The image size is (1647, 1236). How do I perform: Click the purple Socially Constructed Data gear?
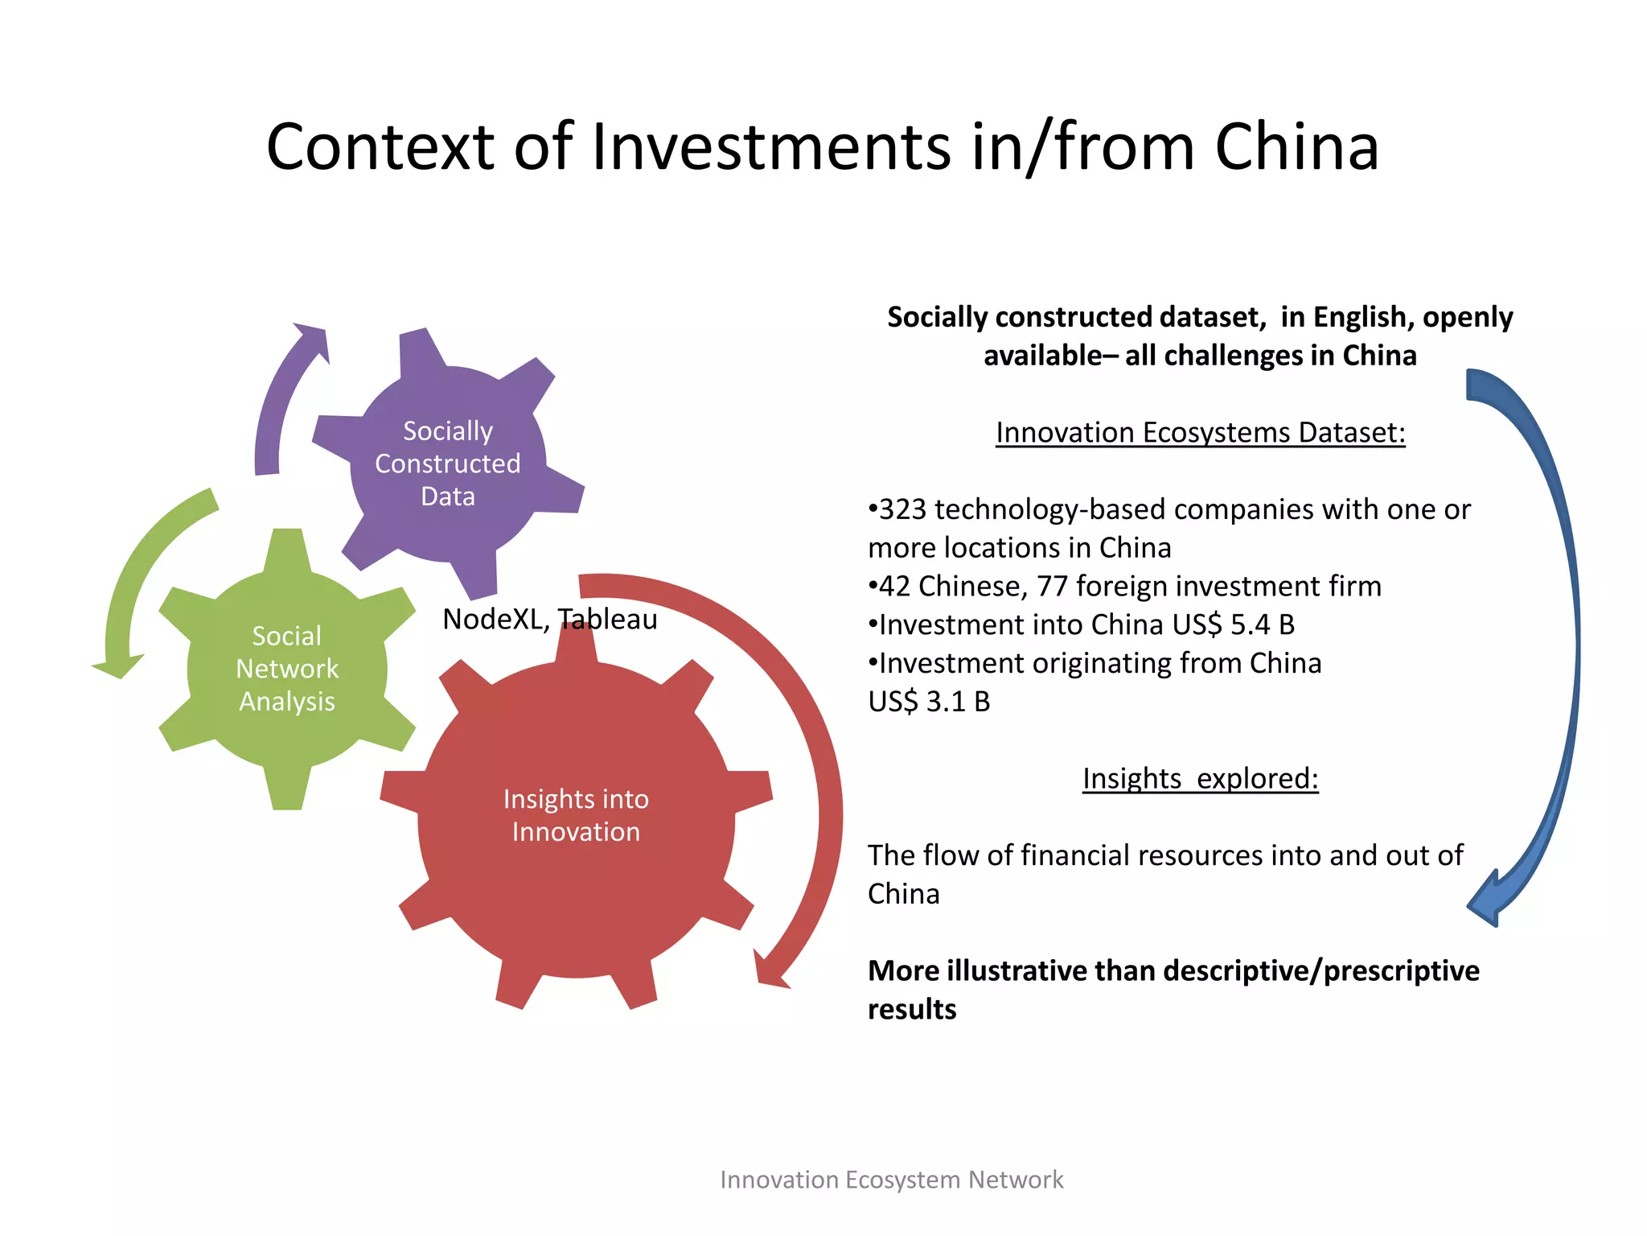coord(447,463)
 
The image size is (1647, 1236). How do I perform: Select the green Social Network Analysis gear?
coord(287,669)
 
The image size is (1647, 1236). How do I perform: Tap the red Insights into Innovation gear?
coord(576,815)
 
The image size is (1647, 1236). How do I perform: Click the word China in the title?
coord(1296,147)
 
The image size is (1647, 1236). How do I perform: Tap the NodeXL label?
coord(495,619)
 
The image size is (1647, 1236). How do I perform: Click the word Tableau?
coord(608,619)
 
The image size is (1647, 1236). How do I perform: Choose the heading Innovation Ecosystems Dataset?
coord(1200,433)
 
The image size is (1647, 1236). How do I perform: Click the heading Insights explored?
coord(1200,779)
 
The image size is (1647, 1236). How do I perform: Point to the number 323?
coord(902,509)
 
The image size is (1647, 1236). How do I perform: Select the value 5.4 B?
coord(1263,625)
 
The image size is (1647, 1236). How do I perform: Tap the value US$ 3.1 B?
coord(929,702)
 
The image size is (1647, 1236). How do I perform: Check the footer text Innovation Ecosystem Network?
coord(891,1180)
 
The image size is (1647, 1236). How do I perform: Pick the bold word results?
coord(912,1009)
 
